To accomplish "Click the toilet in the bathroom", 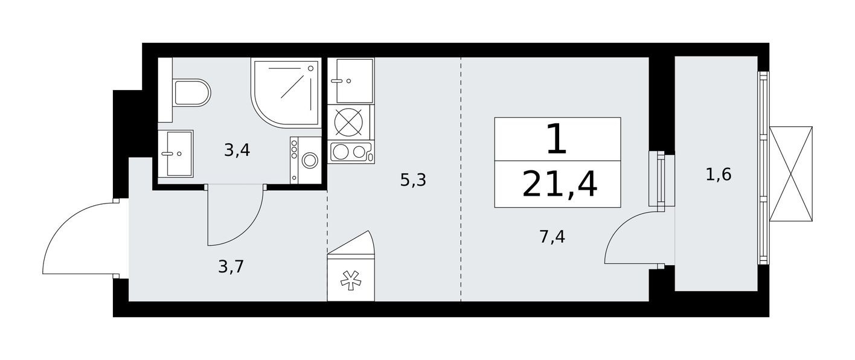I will tap(190, 93).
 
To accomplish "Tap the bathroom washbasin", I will tap(176, 153).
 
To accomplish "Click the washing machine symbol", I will tap(307, 159).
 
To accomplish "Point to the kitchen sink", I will tap(351, 80).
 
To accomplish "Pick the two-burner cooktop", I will tap(351, 152).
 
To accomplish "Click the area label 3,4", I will tap(237, 150).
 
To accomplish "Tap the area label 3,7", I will tap(231, 266).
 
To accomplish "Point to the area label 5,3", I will tap(413, 179).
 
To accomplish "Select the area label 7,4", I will tap(552, 237).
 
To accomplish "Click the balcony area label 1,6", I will tap(719, 175).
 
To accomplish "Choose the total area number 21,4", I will tap(559, 185).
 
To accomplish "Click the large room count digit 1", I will tap(556, 140).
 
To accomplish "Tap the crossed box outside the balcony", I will tap(790, 174).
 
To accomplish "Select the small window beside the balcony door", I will tap(661, 179).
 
